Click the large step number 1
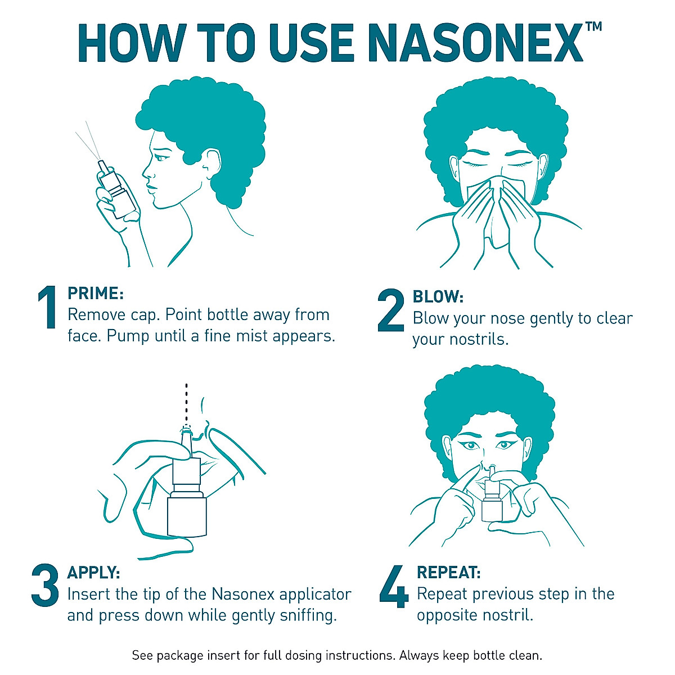coord(47,308)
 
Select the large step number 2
coord(390,310)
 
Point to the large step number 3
coord(45,586)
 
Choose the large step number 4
coord(393,587)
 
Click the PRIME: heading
coord(95,293)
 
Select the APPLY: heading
coord(93,573)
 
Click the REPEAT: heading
coord(448,573)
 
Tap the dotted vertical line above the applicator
coord(187,402)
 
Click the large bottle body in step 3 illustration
coord(187,515)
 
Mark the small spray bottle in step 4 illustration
coord(490,501)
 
